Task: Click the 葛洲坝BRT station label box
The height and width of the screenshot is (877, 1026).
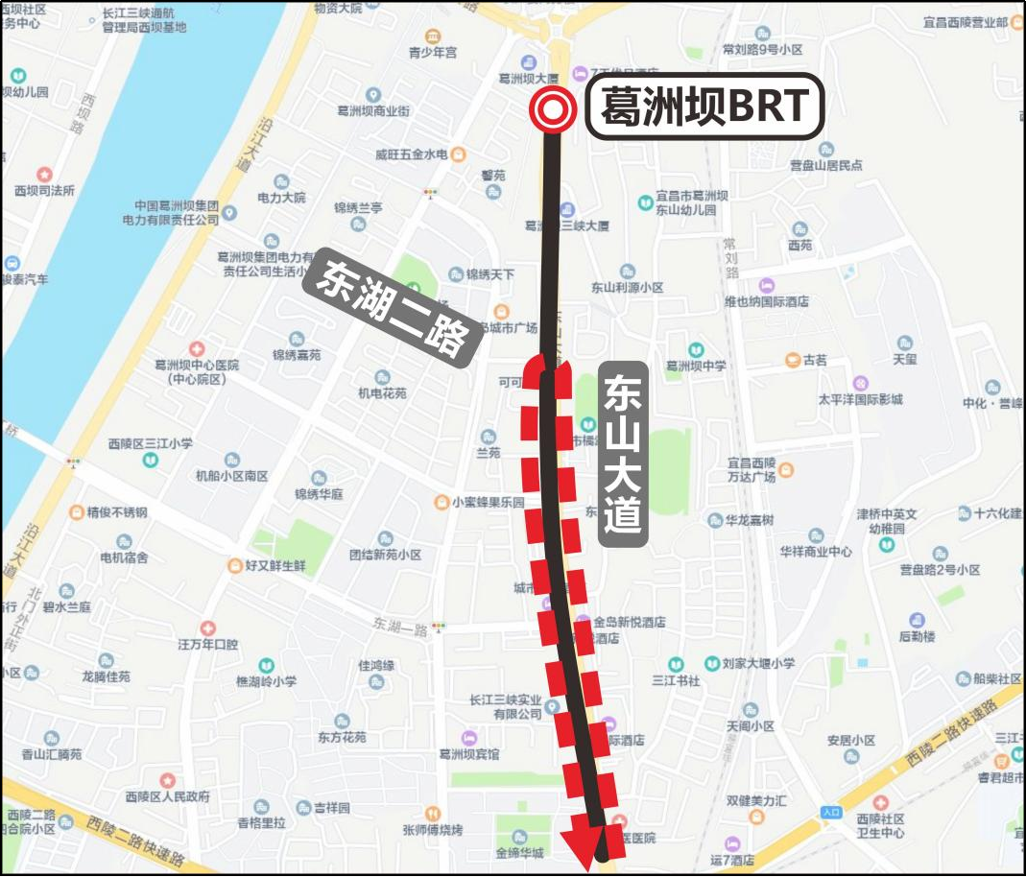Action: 704,107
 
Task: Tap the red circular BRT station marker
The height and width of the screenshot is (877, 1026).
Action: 553,110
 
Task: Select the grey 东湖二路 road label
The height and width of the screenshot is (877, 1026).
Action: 392,309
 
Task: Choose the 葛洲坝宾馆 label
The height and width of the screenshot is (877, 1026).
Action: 467,754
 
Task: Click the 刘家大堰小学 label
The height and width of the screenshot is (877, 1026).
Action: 758,663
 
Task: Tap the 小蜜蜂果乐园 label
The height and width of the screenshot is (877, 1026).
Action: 489,502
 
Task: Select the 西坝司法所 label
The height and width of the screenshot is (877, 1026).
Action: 44,190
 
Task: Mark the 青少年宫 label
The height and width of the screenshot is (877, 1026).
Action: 433,52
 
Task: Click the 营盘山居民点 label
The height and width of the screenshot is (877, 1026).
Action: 825,165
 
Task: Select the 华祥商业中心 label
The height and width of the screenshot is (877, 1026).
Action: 815,552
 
